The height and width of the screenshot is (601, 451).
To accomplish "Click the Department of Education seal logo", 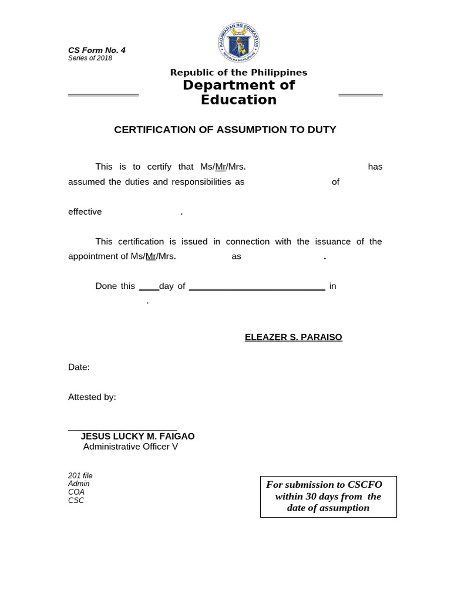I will click(x=238, y=43).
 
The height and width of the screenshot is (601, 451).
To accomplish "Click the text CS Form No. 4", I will click(x=97, y=50).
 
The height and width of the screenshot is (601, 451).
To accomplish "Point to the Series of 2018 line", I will click(x=90, y=58).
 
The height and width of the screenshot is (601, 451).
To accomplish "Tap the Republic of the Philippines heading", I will click(x=238, y=73).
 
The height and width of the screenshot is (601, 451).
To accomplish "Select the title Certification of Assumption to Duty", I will click(x=225, y=130).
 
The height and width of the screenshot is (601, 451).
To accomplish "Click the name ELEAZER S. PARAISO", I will click(x=293, y=337).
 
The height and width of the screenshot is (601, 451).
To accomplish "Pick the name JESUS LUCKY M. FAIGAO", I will click(x=137, y=437).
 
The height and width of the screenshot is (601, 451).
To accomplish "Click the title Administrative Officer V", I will click(x=130, y=447).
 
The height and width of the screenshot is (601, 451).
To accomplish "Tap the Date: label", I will click(x=79, y=367).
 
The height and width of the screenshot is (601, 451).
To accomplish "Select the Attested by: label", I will click(x=92, y=397).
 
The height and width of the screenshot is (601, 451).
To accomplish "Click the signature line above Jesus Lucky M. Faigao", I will click(x=122, y=431).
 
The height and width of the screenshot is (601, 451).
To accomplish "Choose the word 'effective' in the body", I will click(x=85, y=212).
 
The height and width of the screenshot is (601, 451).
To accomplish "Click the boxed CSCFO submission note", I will click(x=328, y=497).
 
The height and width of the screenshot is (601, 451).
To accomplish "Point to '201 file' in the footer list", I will click(x=80, y=476).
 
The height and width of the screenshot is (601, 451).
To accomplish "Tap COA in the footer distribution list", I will click(x=76, y=492).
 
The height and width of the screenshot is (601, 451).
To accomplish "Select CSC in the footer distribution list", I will click(x=76, y=501).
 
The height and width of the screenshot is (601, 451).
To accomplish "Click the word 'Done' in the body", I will click(x=106, y=286).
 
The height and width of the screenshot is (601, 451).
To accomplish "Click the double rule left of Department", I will click(x=103, y=95).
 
